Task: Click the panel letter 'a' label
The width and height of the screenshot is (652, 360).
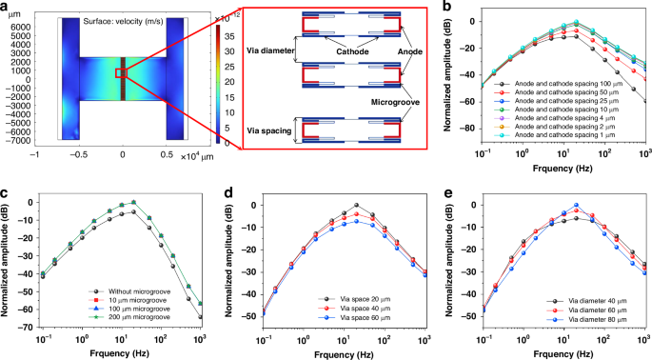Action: coord(6,8)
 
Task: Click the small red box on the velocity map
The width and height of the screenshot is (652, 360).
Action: coord(121,72)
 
